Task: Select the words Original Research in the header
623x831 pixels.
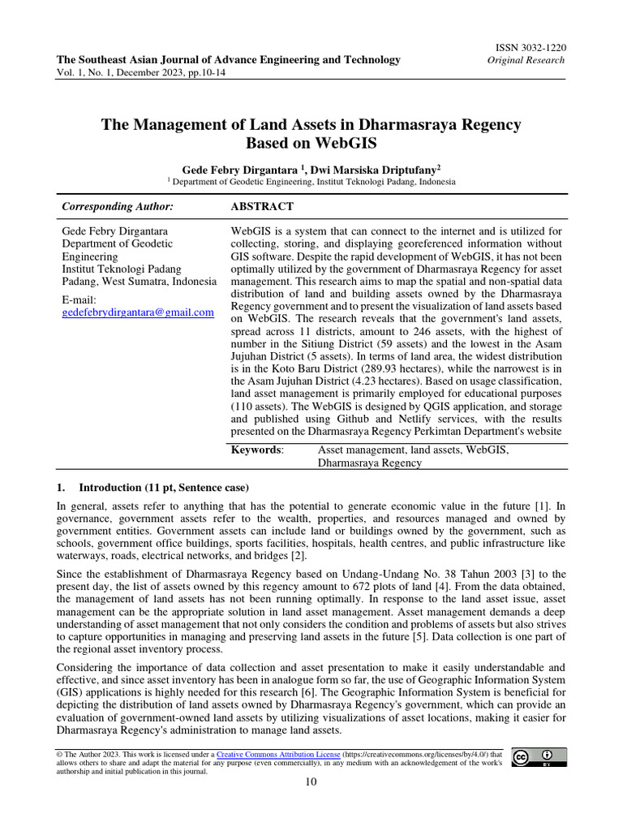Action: [526, 61]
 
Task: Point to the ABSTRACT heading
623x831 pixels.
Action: [262, 207]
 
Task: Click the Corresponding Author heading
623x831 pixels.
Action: [118, 207]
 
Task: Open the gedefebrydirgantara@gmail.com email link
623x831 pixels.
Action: [138, 312]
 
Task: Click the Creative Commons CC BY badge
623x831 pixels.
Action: [539, 758]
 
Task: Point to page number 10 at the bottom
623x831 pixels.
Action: [311, 781]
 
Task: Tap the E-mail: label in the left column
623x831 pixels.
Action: [79, 299]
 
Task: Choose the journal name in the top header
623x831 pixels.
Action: [228, 59]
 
